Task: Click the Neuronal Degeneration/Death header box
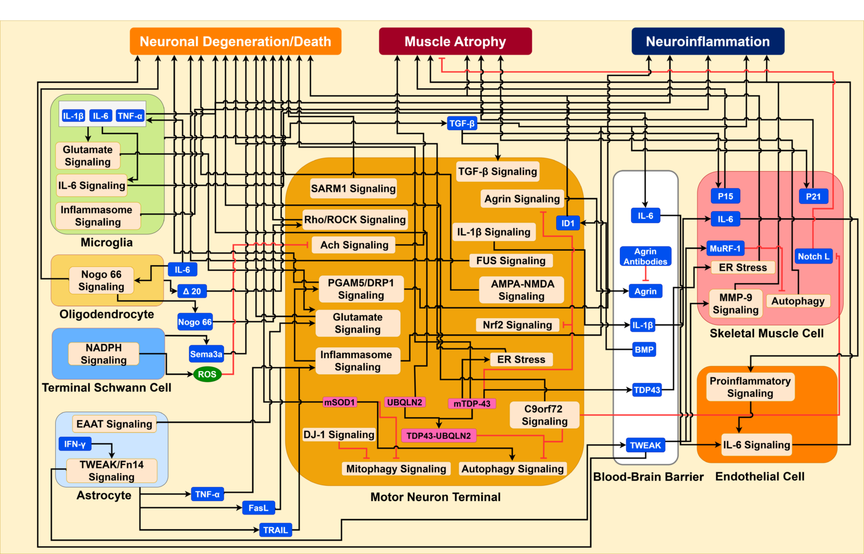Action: pyautogui.click(x=235, y=42)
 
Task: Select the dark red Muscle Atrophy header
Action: pyautogui.click(x=455, y=42)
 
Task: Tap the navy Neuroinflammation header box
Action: pyautogui.click(x=708, y=42)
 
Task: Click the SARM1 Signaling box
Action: pyautogui.click(x=353, y=189)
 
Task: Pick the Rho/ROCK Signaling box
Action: pyautogui.click(x=354, y=220)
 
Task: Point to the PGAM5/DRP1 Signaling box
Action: pyautogui.click(x=361, y=289)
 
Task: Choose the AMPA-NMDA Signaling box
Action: pyautogui.click(x=521, y=290)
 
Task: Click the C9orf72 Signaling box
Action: pyautogui.click(x=544, y=415)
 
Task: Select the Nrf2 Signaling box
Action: pyautogui.click(x=517, y=325)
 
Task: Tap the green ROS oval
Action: pyautogui.click(x=207, y=374)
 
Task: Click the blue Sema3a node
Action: pyautogui.click(x=206, y=354)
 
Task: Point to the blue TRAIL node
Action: pyautogui.click(x=275, y=530)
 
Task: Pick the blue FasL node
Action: pyautogui.click(x=258, y=508)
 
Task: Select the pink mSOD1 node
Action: pyautogui.click(x=339, y=403)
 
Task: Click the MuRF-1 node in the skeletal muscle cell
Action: pyautogui.click(x=725, y=248)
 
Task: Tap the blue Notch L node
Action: pyautogui.click(x=813, y=256)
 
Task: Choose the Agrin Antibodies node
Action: pyautogui.click(x=645, y=256)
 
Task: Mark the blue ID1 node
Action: pyautogui.click(x=568, y=224)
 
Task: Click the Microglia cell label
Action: pyautogui.click(x=106, y=243)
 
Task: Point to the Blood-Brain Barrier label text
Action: pyautogui.click(x=648, y=477)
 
